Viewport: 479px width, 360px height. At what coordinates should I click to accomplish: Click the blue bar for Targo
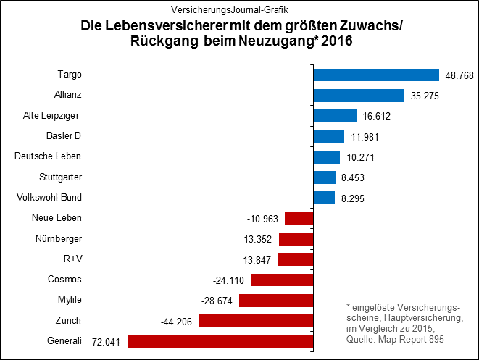coord(375,75)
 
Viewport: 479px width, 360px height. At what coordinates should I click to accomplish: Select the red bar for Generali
coord(220,341)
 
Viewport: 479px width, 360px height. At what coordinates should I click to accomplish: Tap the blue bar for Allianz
coord(358,95)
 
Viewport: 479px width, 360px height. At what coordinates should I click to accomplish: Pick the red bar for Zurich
coord(256,321)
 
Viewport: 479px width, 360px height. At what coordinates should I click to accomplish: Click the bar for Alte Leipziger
coord(334,116)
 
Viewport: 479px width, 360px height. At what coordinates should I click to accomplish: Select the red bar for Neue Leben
coord(299,218)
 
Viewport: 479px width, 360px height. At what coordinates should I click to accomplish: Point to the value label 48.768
coord(460,75)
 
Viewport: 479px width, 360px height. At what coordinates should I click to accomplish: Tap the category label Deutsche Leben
coord(49,156)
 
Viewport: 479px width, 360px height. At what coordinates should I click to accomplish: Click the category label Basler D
coord(64,136)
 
